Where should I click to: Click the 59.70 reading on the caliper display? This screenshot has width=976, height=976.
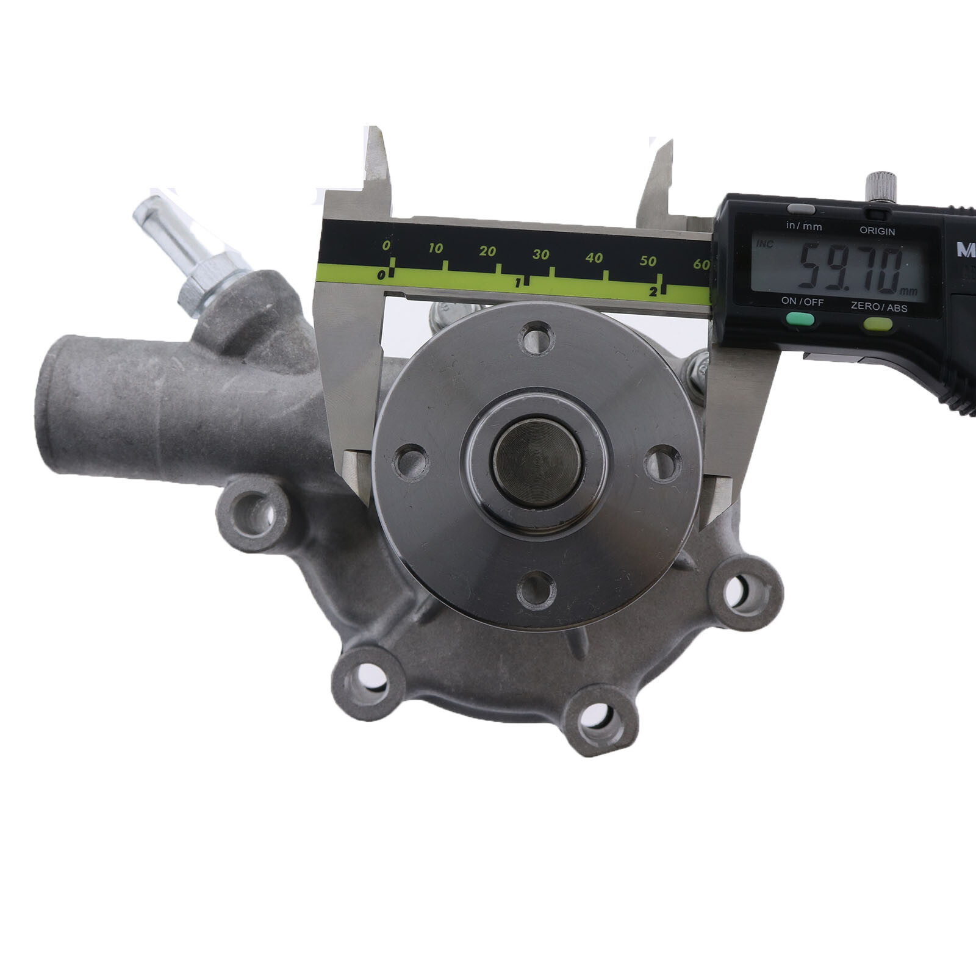tap(851, 267)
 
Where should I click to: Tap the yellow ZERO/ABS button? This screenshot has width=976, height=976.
tap(878, 323)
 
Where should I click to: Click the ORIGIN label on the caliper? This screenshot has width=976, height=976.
tap(877, 231)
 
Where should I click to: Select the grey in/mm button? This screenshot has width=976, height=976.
tap(801, 209)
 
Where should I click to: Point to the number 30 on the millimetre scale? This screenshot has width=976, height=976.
tap(540, 254)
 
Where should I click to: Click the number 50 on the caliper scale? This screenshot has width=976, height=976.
tap(648, 261)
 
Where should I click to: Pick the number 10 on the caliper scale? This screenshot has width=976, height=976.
tap(435, 248)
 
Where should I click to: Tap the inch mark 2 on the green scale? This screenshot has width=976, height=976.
tap(653, 292)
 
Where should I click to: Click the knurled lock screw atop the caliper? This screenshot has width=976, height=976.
tap(881, 185)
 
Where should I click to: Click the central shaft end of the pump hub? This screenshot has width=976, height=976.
tap(537, 463)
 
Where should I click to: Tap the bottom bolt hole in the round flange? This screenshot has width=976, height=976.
tap(536, 590)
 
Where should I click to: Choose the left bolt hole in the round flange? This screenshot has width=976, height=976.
tap(411, 462)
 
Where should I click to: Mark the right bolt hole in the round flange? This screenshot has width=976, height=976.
tap(662, 463)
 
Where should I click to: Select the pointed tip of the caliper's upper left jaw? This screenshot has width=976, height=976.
tap(372, 130)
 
